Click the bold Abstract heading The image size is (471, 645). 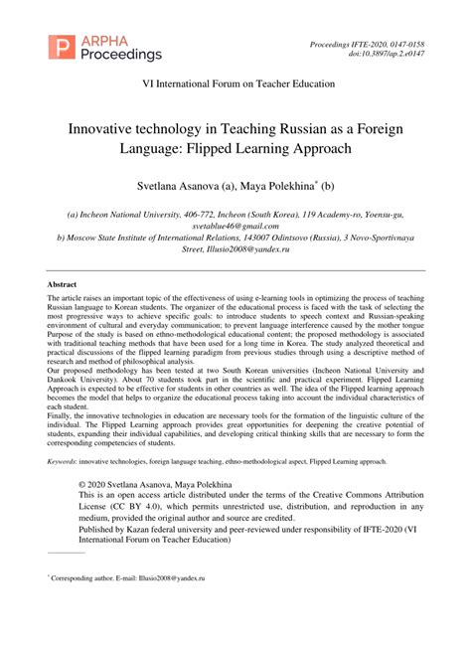(63, 284)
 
